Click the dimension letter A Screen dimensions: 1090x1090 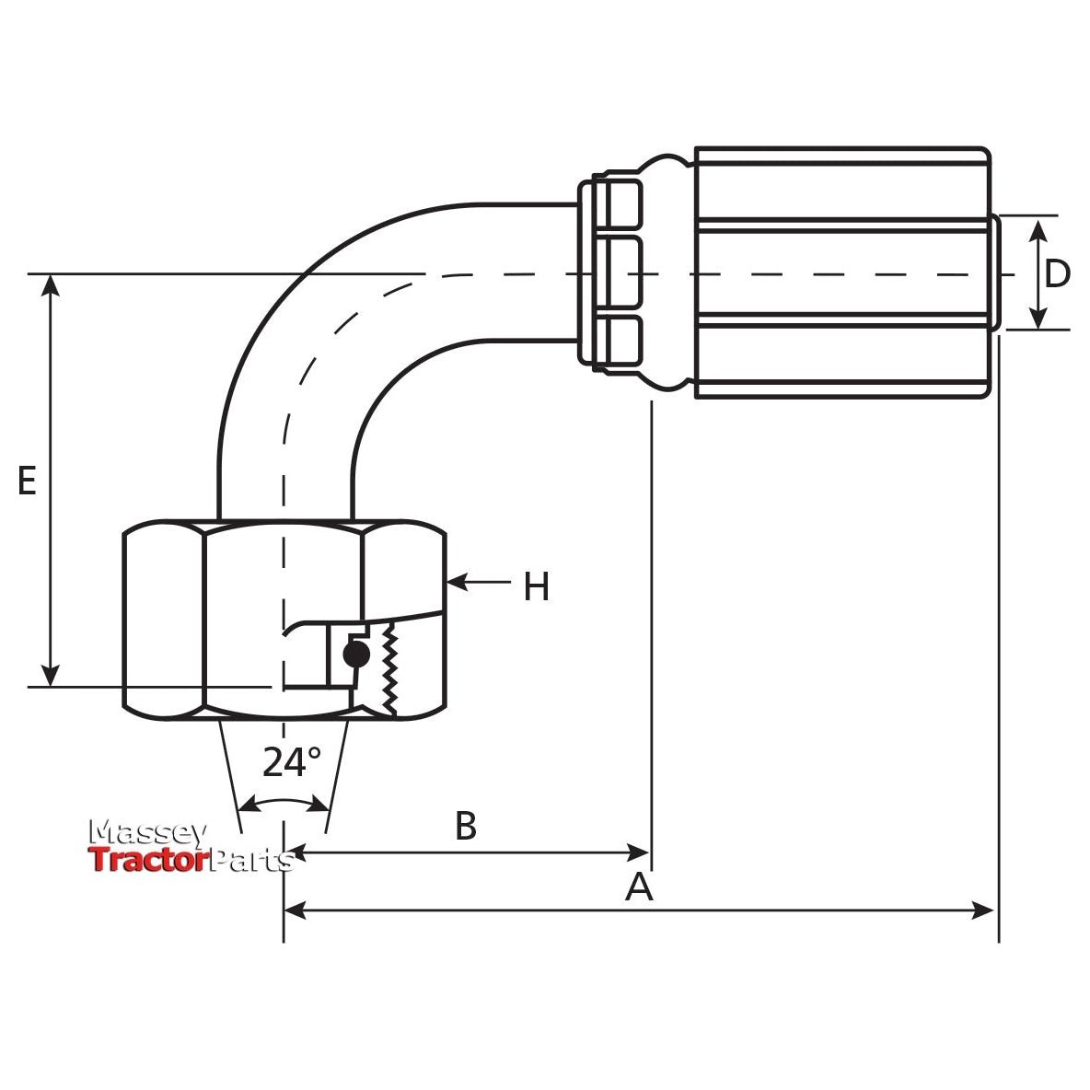[639, 887]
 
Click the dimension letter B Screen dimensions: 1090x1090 [466, 826]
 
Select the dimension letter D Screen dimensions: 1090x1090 [1058, 273]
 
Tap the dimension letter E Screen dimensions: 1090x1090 [28, 481]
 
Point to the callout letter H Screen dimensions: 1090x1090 [536, 586]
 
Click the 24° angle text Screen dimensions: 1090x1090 [292, 762]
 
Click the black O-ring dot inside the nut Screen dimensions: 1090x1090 [354, 654]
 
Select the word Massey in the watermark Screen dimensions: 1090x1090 [147, 832]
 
